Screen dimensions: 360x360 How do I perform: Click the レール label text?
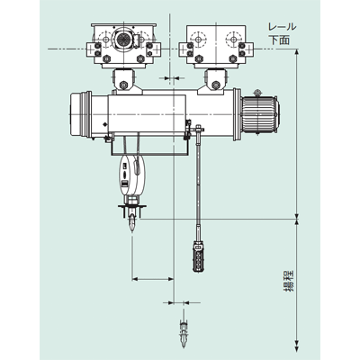click(283, 27)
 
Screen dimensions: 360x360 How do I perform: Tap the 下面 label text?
click(279, 40)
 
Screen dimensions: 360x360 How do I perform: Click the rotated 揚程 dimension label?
click(290, 282)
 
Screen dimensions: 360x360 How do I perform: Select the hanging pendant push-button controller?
click(198, 257)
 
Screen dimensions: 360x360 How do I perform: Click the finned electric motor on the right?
click(260, 114)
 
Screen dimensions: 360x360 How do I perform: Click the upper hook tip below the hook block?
click(132, 230)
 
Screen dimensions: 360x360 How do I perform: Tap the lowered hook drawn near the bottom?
click(184, 336)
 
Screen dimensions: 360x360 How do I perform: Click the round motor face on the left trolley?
click(122, 40)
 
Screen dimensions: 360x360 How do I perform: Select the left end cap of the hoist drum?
click(80, 114)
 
